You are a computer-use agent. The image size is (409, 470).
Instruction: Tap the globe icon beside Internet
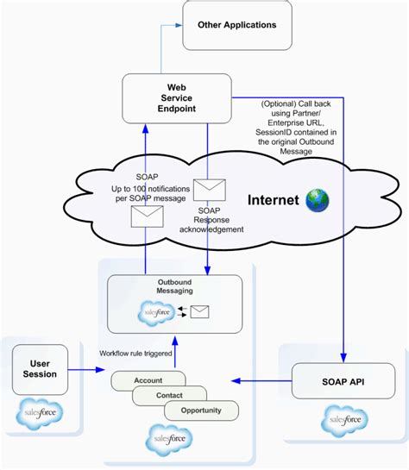point(317,200)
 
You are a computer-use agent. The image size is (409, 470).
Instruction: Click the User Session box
point(40,369)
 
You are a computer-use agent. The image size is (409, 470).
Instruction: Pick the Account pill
point(148,379)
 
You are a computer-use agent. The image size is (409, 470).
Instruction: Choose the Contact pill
point(168,395)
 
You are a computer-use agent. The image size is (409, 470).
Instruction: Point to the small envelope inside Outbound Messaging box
point(199,312)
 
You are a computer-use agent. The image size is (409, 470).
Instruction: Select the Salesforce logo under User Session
point(40,415)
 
